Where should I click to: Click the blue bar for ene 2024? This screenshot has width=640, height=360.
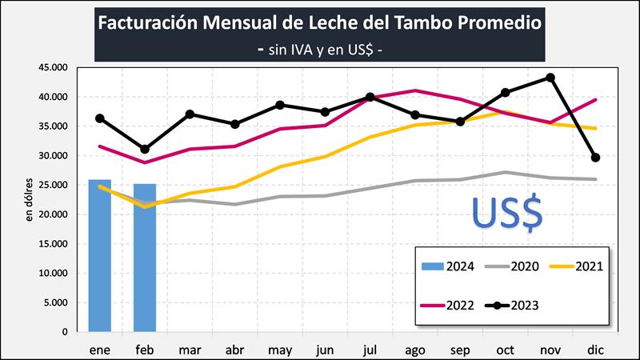(x=99, y=255)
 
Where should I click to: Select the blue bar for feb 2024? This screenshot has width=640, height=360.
(x=145, y=258)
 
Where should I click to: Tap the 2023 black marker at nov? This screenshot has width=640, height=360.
(x=550, y=78)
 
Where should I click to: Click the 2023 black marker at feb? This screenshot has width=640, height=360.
(x=145, y=150)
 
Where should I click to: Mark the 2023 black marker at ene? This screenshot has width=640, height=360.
(x=99, y=118)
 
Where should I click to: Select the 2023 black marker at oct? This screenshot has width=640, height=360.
(x=505, y=93)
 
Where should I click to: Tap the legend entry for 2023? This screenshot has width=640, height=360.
(x=516, y=304)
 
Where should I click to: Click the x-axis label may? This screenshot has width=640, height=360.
(x=281, y=349)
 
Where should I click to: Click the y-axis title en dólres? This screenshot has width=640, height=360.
(x=30, y=199)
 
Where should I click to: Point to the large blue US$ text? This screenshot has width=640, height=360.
(x=506, y=211)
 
